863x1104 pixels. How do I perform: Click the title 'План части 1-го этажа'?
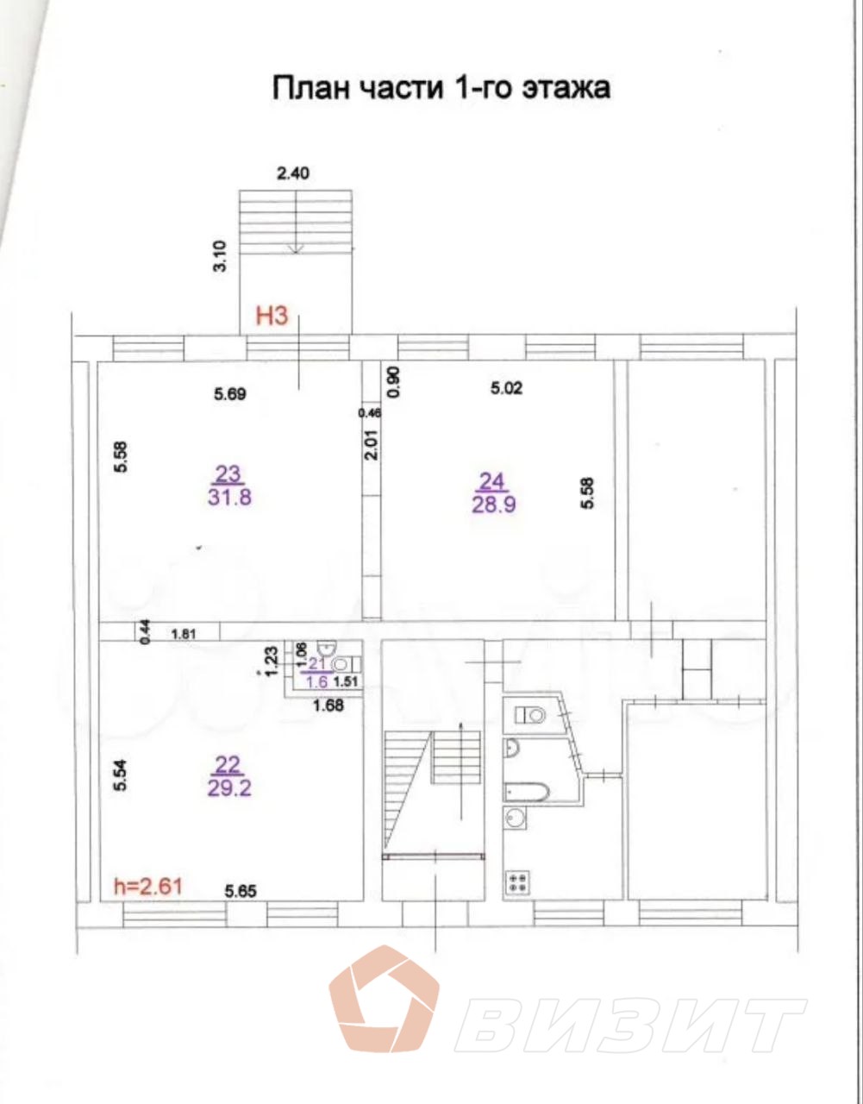441,88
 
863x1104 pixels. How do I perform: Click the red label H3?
271,317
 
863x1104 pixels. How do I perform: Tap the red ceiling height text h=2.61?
147,885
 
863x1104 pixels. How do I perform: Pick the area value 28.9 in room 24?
493,505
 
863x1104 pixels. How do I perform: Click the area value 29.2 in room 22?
229,787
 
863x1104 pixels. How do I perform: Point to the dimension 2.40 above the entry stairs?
292,173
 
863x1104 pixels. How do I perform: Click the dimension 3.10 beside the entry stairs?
219,257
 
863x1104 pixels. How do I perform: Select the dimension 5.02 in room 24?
506,388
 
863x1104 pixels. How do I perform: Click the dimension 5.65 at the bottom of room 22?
242,892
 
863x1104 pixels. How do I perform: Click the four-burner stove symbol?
518,881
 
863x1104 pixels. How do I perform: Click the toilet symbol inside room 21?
341,664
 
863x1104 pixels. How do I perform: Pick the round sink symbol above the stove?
515,820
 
